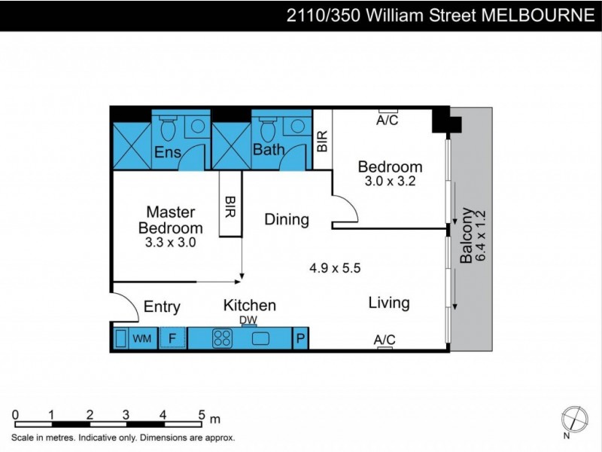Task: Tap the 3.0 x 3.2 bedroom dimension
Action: (x=390, y=182)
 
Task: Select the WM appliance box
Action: (x=141, y=340)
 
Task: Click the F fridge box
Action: (x=172, y=340)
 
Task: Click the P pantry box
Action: (x=300, y=340)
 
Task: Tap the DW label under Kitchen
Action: (x=249, y=320)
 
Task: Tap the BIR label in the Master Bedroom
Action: (x=230, y=207)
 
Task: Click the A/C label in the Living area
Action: (x=385, y=341)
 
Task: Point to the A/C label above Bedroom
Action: (x=388, y=120)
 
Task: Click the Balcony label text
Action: (x=466, y=235)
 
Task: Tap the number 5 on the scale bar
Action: (x=201, y=414)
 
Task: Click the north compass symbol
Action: (x=574, y=418)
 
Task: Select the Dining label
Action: (x=287, y=220)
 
